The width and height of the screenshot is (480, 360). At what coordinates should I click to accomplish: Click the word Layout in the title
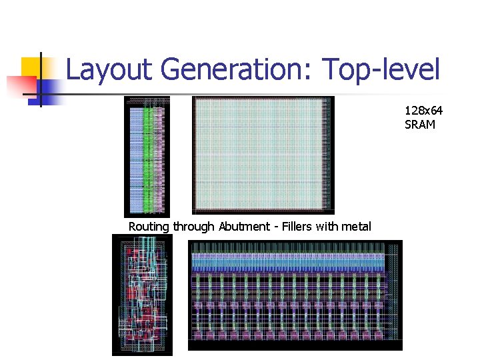(x=110, y=69)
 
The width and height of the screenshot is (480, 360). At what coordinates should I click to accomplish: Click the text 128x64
(x=423, y=111)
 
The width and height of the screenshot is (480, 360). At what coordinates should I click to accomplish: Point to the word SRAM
(x=419, y=124)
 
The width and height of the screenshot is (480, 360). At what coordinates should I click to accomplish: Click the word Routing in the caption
(x=149, y=227)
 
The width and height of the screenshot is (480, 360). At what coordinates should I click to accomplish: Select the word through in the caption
(x=193, y=227)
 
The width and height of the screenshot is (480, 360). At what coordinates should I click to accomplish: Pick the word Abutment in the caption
(x=243, y=227)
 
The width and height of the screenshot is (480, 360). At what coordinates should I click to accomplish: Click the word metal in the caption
(x=356, y=227)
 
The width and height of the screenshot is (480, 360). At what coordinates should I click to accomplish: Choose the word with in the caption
(x=327, y=227)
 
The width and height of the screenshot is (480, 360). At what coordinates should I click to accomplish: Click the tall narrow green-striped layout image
(x=147, y=157)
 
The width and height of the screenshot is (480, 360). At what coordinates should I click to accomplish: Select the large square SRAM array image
(x=263, y=155)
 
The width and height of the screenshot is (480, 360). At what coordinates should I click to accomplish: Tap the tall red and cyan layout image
(x=142, y=295)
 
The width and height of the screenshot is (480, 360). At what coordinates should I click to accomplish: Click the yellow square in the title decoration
(x=32, y=67)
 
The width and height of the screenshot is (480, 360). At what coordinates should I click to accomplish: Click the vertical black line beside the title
(x=41, y=79)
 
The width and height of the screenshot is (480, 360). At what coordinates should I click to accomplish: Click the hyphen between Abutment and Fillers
(x=275, y=227)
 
